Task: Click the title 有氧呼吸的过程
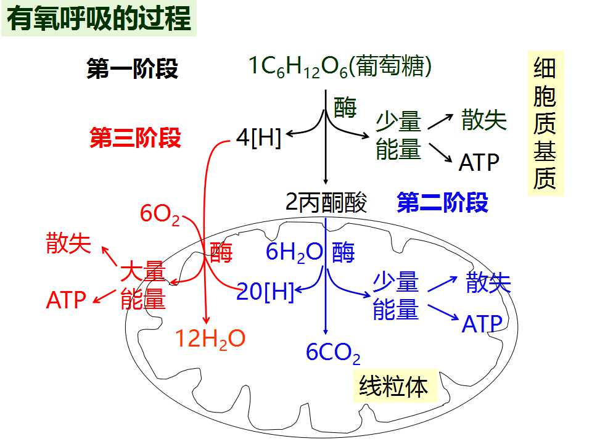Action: [x=99, y=18]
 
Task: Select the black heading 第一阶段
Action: [x=132, y=68]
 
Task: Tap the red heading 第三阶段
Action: [x=135, y=137]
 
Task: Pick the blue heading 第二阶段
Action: [x=443, y=202]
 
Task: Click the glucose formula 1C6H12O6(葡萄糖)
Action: [x=340, y=67]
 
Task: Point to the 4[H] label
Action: [x=258, y=138]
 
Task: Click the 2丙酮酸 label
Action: [x=326, y=202]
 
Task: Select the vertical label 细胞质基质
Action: [x=545, y=123]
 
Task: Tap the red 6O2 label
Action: [x=160, y=214]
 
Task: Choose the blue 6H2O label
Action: [x=295, y=252]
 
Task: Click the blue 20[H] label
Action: [x=265, y=292]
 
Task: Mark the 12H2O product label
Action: [x=210, y=339]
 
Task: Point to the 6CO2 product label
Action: [x=333, y=353]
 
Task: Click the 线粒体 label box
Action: [x=395, y=386]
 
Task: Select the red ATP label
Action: [x=66, y=300]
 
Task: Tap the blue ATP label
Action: [x=482, y=324]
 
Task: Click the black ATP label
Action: [x=479, y=163]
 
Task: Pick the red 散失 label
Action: [x=68, y=243]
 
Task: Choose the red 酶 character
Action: [x=221, y=252]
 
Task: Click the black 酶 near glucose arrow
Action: [x=345, y=107]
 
